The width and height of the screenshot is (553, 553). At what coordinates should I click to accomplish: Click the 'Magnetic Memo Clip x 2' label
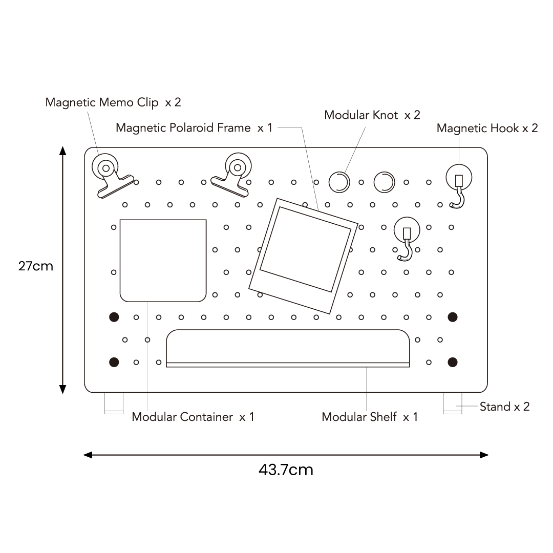(x=113, y=102)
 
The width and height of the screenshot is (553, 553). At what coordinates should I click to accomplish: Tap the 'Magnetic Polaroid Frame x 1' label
(x=194, y=127)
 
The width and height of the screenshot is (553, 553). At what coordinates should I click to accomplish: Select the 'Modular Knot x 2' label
(x=372, y=115)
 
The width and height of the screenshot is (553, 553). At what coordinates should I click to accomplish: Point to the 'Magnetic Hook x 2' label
(x=487, y=128)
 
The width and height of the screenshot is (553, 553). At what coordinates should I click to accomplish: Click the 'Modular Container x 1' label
(x=193, y=417)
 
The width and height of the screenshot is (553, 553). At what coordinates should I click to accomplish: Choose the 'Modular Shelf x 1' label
(x=370, y=417)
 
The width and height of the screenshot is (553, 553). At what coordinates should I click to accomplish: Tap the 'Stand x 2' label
(x=504, y=407)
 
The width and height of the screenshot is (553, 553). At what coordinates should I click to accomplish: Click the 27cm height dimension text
(x=35, y=266)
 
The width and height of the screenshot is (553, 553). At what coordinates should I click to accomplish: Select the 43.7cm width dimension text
(x=286, y=470)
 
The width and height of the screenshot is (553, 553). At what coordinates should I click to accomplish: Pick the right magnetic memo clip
(x=233, y=174)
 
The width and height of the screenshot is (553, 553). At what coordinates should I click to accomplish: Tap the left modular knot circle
(x=339, y=181)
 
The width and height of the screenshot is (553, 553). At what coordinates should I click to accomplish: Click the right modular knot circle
(x=384, y=181)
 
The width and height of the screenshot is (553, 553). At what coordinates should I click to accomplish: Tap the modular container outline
(x=163, y=260)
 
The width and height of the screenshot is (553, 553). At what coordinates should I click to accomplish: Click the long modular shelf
(x=288, y=348)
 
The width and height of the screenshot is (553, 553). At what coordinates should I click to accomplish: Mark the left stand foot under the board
(x=114, y=402)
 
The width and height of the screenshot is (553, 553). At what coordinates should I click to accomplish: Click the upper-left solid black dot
(x=114, y=317)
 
